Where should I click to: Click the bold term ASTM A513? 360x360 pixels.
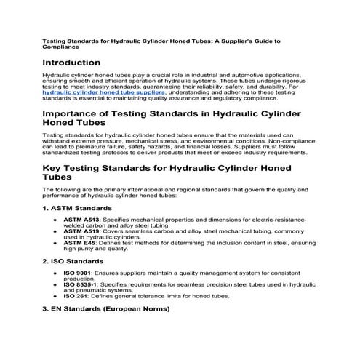click(80, 218)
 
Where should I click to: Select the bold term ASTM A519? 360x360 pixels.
click(80, 232)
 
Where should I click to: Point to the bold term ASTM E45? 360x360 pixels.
click(79, 244)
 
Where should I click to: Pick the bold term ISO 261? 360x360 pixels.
click(76, 296)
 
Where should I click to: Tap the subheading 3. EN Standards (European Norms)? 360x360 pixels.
click(106, 308)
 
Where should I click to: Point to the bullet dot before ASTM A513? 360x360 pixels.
click(56, 218)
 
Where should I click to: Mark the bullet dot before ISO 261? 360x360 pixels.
click(56, 296)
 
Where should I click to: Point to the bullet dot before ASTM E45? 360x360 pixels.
click(56, 244)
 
